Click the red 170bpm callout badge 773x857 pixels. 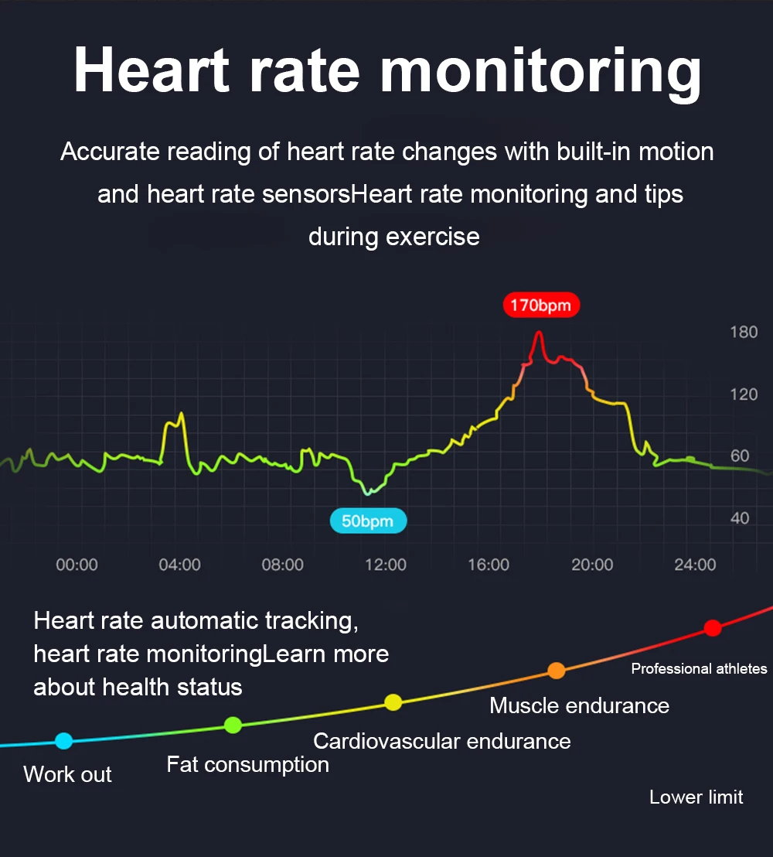541,305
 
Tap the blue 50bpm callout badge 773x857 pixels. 368,521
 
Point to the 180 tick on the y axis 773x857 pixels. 744,332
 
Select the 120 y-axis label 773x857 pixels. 744,394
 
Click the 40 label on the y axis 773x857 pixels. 740,517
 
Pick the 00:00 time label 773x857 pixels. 77,565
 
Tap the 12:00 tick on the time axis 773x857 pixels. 386,565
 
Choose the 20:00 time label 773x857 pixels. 592,565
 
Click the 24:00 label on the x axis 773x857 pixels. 695,565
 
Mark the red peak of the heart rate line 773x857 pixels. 540,332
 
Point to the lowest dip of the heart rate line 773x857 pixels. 368,493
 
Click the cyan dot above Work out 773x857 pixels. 64,741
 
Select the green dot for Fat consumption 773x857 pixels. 233,726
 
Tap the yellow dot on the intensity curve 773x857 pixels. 393,702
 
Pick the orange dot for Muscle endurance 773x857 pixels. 556,671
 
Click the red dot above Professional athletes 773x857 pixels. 713,628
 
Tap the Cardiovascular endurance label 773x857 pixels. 442,741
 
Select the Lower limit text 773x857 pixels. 696,797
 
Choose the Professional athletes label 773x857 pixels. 700,668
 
